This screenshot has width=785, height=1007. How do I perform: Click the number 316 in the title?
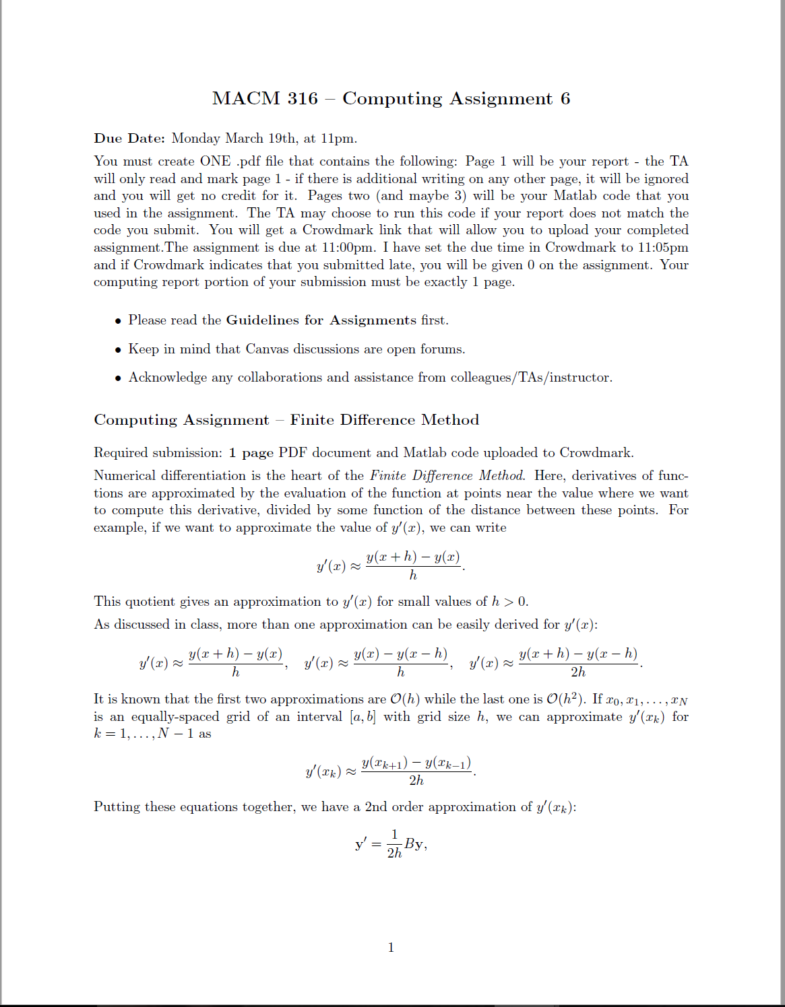[x=303, y=98]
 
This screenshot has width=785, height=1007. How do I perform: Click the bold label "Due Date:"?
[x=129, y=139]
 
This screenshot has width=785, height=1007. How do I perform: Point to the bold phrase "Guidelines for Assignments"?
[x=321, y=320]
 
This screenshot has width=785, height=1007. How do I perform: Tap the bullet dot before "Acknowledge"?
[x=119, y=378]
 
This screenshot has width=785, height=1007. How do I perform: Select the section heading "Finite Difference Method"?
[x=384, y=420]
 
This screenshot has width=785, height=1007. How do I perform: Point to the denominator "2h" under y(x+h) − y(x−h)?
[x=578, y=672]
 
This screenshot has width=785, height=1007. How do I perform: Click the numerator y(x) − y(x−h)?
[x=400, y=654]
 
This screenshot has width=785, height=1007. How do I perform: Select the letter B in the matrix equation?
[x=409, y=843]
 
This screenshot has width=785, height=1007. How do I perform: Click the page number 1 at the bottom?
[x=391, y=948]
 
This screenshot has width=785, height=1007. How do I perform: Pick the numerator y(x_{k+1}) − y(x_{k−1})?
[x=416, y=763]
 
